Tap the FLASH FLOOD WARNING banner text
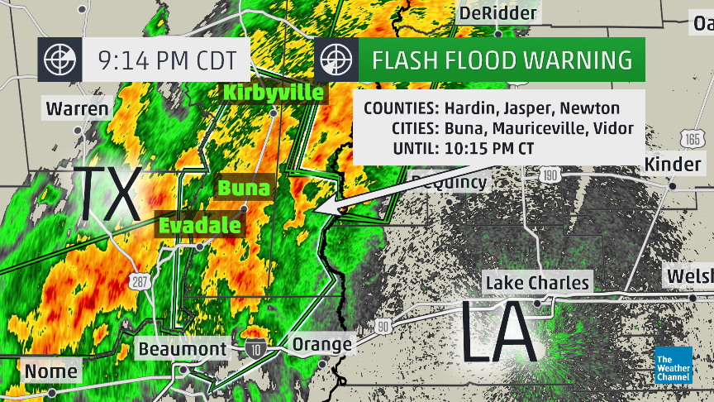coord(502,60)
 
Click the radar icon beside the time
coord(59,60)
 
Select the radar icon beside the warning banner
coord(336,60)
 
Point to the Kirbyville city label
coord(273,92)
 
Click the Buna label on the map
coord(243,188)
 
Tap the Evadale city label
coord(200,225)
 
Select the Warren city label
coord(77,108)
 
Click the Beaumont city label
coord(182,349)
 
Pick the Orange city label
coord(321,344)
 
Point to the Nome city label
coord(50,371)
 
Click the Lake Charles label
coord(537,283)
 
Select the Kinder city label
coord(673,164)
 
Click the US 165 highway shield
coord(693,137)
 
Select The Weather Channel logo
coord(673,365)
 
